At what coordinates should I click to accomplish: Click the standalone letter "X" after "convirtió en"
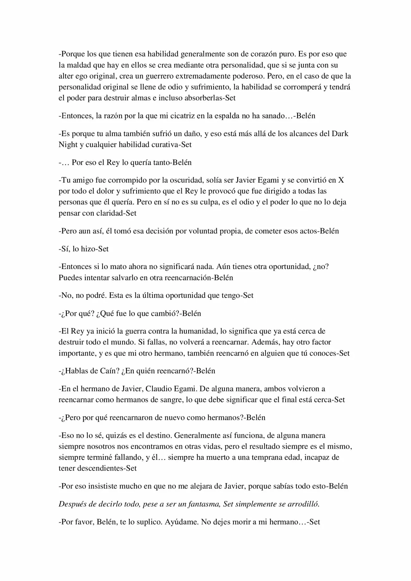tap(341, 180)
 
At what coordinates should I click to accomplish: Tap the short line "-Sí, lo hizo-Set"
tap(83, 249)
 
